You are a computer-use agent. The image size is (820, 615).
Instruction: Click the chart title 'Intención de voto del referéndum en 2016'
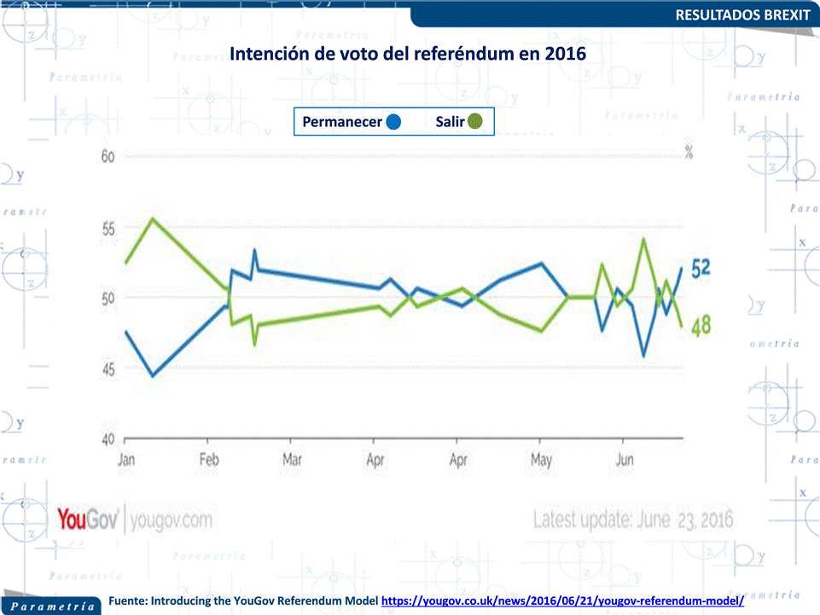[409, 53]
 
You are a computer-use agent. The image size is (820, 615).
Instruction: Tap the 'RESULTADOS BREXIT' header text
[742, 15]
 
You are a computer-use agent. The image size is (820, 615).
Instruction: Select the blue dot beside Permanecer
[393, 122]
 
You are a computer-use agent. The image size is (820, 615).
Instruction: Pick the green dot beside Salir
[475, 122]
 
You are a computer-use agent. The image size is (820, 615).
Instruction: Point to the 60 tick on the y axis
[108, 157]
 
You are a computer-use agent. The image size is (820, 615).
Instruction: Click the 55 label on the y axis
[108, 229]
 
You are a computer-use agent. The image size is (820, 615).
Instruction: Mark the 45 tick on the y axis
[108, 369]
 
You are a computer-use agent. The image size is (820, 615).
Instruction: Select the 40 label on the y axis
[108, 440]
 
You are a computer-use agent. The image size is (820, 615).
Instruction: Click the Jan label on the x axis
[125, 461]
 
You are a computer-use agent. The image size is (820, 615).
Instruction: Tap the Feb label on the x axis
[210, 461]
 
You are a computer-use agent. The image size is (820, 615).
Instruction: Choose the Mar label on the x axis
[292, 461]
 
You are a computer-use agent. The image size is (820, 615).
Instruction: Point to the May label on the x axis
[541, 461]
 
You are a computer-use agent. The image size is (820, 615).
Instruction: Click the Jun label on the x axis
[625, 461]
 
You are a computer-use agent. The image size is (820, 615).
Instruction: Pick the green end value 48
[701, 325]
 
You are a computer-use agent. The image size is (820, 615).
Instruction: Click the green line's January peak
[152, 218]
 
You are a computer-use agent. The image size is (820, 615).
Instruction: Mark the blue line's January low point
[153, 375]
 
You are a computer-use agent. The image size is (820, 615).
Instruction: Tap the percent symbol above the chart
[689, 153]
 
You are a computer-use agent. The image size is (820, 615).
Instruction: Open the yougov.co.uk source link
[562, 601]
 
